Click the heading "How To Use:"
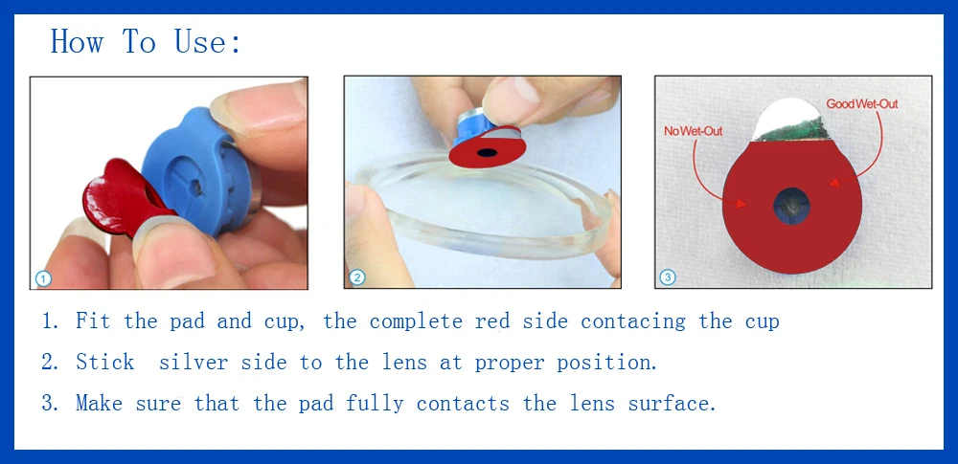point(146,41)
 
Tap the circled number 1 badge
point(43,279)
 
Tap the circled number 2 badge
point(356,278)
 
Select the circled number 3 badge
point(668,277)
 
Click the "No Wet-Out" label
point(694,131)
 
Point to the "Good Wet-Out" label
point(862,104)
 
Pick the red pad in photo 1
point(123,196)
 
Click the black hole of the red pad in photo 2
point(487,152)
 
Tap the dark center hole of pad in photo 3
point(792,206)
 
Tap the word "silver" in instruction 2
point(194,362)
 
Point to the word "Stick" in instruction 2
point(104,362)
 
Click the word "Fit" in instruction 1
point(93,320)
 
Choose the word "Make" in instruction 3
point(99,403)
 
